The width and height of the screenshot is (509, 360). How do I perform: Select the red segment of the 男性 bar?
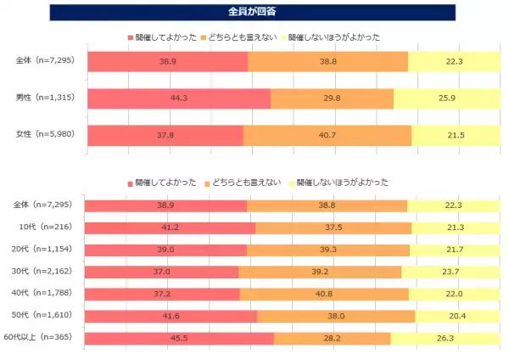tap(179, 98)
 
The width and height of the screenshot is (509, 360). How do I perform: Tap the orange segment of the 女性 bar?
tap(327, 135)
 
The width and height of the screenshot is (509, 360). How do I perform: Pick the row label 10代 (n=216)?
tap(48, 228)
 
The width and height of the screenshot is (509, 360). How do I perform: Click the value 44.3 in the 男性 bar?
tap(178, 98)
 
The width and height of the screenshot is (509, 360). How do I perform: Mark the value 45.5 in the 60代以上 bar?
tap(179, 338)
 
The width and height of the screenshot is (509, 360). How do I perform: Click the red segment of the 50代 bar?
tap(172, 316)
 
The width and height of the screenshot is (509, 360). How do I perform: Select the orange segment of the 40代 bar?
tap(324, 294)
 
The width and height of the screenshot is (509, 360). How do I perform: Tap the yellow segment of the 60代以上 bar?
tap(445, 338)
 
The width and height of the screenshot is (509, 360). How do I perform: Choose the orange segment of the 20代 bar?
tap(328, 250)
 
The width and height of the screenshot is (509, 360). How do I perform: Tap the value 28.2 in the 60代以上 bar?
tap(332, 338)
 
